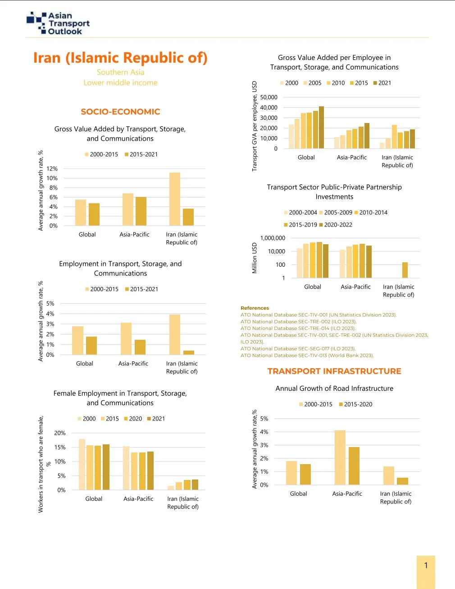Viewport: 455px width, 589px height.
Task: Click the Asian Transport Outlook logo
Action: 58,23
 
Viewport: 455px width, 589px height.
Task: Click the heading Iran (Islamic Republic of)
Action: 120,58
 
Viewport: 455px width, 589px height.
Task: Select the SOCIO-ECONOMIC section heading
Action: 120,112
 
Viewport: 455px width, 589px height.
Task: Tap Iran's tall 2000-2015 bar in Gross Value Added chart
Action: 175,199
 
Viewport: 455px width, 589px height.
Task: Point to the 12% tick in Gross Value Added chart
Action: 53,169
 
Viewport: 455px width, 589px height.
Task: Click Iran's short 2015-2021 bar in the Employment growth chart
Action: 189,352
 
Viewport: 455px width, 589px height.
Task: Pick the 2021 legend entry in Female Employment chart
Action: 156,419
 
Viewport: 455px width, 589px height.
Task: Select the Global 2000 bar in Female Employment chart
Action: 82,464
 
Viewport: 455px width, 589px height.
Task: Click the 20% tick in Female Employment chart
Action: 60,433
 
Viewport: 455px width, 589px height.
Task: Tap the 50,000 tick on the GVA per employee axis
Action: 269,97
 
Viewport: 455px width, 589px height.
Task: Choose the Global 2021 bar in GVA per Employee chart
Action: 321,128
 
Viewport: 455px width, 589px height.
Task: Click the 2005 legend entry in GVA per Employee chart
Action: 312,83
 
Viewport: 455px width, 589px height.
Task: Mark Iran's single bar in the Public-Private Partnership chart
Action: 405,270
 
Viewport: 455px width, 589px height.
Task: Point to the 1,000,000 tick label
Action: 273,238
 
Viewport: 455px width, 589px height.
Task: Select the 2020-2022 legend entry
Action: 336,225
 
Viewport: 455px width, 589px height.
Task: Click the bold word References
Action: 255,308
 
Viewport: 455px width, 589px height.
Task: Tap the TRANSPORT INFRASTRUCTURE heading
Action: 334,371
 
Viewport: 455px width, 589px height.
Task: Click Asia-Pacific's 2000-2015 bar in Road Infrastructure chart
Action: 340,457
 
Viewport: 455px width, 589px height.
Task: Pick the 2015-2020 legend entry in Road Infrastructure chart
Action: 355,404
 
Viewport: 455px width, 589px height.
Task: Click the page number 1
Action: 426,565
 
